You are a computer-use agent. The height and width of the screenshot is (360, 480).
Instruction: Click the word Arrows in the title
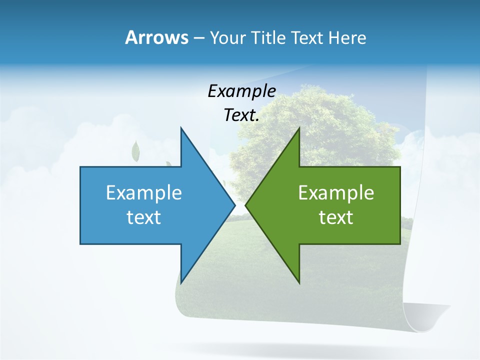(x=156, y=37)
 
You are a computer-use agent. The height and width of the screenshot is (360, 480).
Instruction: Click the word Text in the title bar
(x=308, y=38)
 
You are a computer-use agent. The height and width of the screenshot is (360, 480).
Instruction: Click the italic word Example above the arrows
(x=241, y=91)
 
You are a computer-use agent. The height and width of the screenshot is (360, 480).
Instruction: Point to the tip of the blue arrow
(x=234, y=205)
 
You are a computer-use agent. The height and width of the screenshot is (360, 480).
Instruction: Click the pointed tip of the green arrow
(x=246, y=205)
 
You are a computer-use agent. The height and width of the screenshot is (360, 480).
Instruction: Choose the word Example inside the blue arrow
(x=144, y=193)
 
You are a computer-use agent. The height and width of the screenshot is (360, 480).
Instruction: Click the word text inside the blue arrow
(x=144, y=217)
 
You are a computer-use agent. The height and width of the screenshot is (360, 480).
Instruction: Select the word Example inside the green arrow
(x=336, y=193)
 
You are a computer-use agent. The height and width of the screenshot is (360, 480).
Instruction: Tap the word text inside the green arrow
(x=336, y=217)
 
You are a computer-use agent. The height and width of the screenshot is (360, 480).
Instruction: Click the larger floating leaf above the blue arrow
(x=135, y=151)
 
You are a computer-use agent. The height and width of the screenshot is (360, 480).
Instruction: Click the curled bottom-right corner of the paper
(x=430, y=320)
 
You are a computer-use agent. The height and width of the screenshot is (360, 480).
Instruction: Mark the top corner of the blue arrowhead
(x=181, y=128)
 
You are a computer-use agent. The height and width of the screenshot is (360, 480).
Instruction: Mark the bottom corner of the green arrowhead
(x=299, y=282)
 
